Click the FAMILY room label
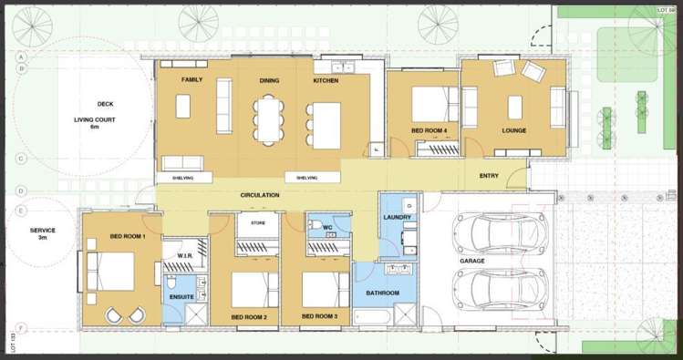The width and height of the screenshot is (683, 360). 191,80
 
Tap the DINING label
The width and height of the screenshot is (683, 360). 269,81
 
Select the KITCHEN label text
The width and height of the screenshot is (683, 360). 326,81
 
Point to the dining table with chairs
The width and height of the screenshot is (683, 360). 265,118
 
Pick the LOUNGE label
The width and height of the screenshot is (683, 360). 514,130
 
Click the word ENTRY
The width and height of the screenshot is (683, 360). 489,176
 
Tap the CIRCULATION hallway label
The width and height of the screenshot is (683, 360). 260,195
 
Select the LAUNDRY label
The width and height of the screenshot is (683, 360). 398,217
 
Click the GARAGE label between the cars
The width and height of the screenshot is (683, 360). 472,261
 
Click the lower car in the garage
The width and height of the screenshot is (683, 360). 500,290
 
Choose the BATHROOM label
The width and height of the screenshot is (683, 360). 383,293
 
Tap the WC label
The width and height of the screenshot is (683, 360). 326,227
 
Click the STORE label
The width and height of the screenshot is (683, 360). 257,221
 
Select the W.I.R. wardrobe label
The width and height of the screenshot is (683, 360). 182,255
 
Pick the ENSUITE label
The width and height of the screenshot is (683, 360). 181,297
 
